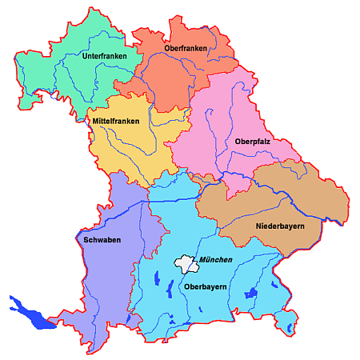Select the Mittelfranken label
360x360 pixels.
click(x=115, y=122)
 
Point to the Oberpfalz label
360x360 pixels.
click(x=252, y=142)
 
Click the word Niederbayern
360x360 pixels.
click(x=281, y=226)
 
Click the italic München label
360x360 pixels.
click(x=216, y=261)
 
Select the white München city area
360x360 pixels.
click(x=186, y=263)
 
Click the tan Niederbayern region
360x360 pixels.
click(x=264, y=200)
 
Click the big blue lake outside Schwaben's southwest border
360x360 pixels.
click(x=30, y=314)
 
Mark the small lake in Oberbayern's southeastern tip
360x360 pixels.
click(x=289, y=326)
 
